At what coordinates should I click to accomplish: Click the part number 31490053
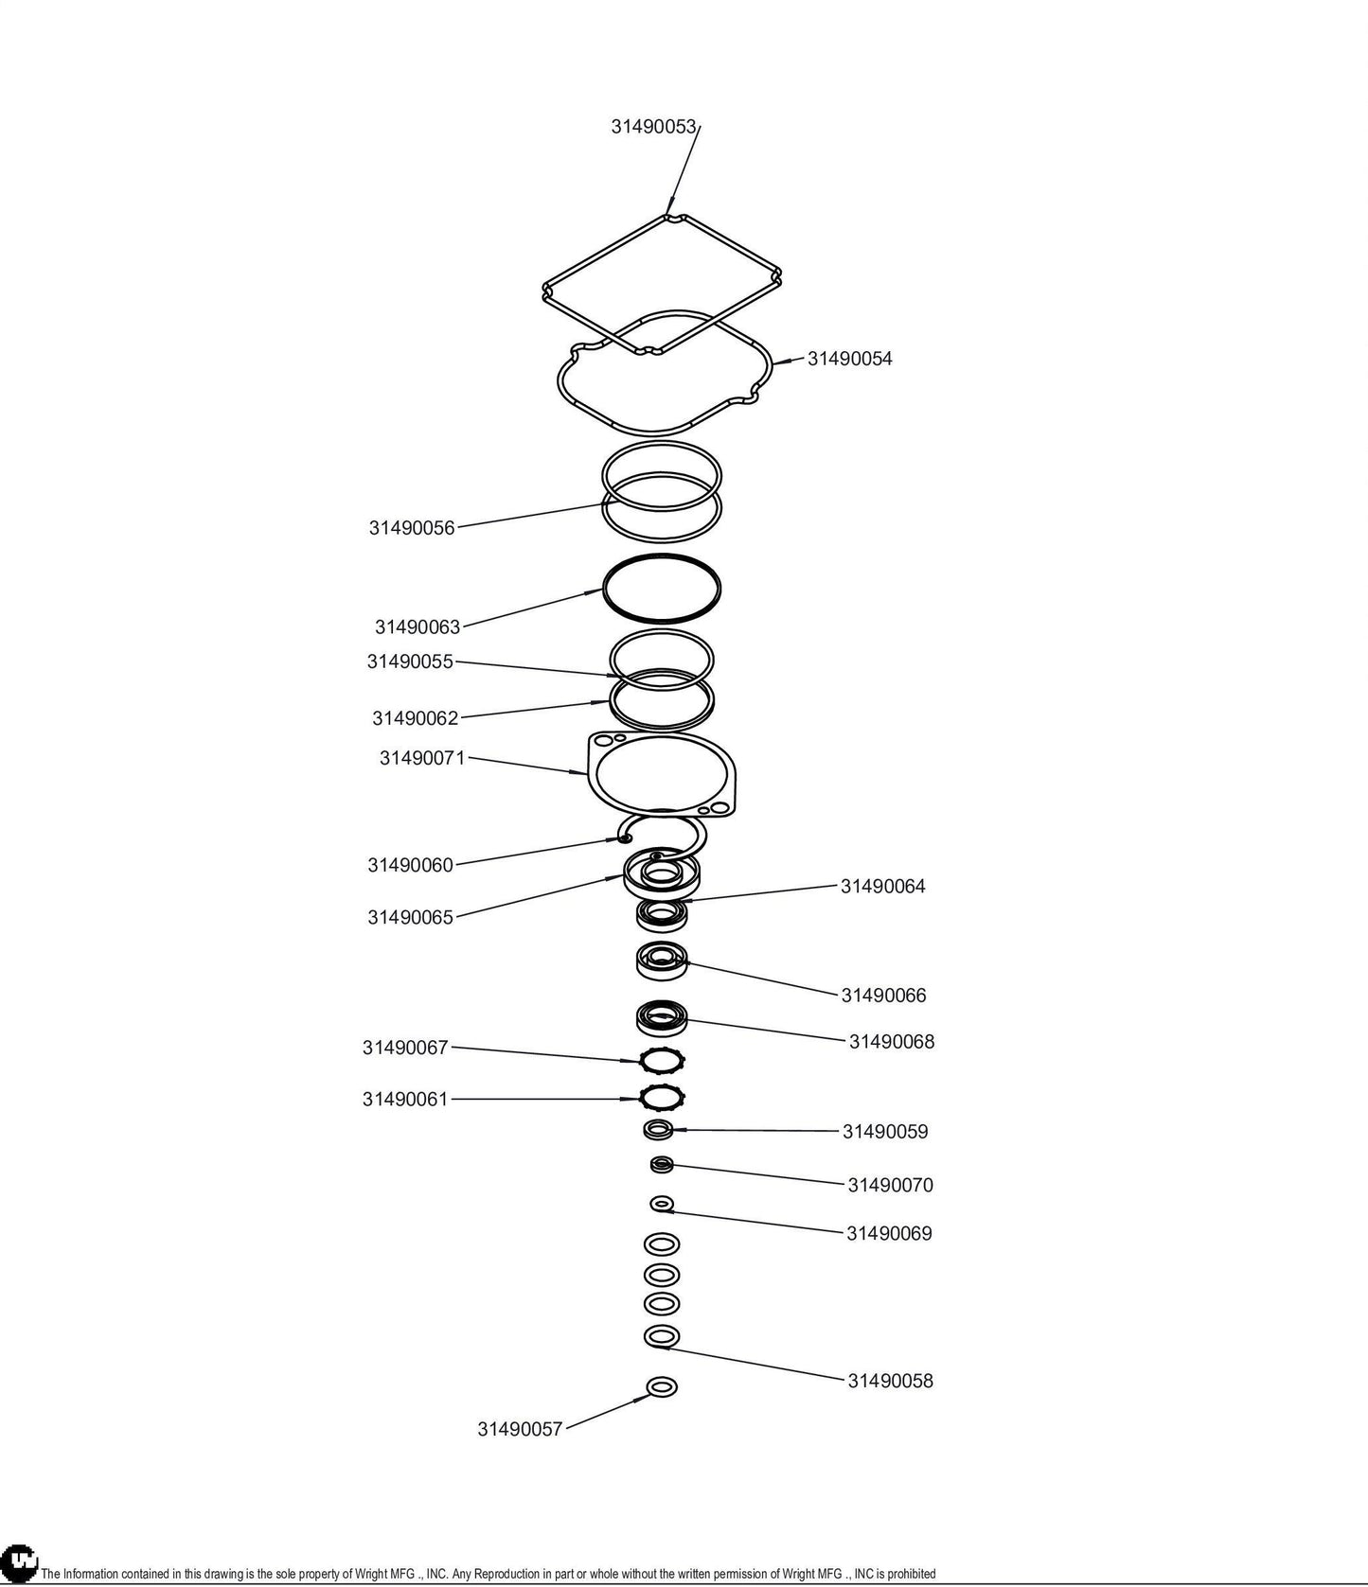[653, 127]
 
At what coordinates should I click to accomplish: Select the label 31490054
[849, 359]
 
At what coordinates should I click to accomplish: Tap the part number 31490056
[412, 528]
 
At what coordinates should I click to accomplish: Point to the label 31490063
[418, 626]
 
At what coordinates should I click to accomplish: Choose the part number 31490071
[422, 758]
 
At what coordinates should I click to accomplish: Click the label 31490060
[411, 865]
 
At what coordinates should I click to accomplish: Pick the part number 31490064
[883, 887]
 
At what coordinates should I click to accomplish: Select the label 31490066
[884, 996]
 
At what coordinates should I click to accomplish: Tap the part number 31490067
[405, 1048]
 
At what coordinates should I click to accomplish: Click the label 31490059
[885, 1132]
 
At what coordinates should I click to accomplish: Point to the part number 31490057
[520, 1429]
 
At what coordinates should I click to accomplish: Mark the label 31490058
[890, 1381]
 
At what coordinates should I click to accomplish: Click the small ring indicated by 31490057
[662, 1379]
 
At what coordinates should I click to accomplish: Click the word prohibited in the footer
[911, 1574]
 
